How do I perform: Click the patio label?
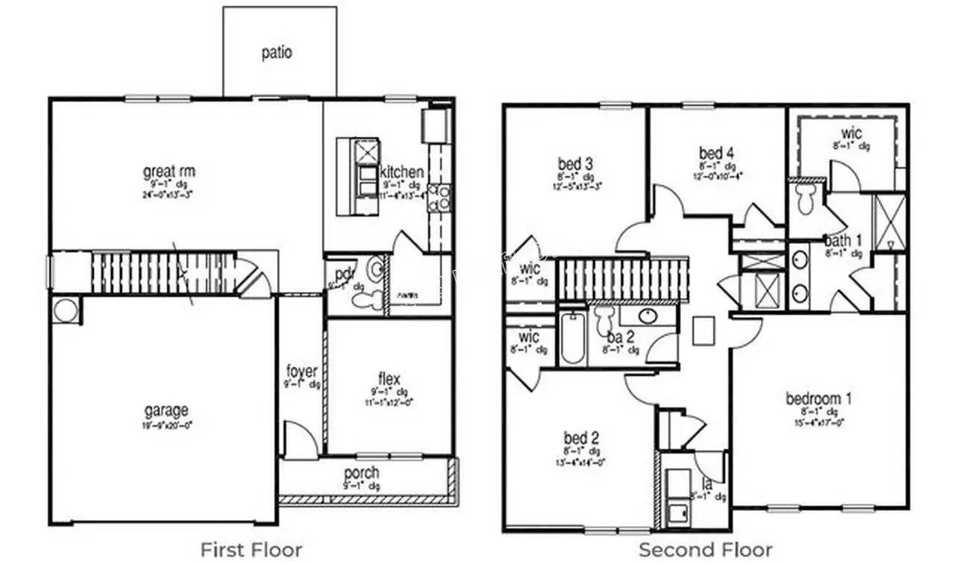click(277, 53)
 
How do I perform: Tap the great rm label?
click(169, 172)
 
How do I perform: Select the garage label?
click(166, 410)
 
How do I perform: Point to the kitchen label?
click(402, 172)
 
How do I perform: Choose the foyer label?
click(302, 372)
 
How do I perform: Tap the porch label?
click(362, 473)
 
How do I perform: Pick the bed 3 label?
click(575, 163)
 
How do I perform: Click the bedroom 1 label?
click(818, 398)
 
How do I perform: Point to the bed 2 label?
click(582, 438)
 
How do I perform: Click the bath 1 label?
click(843, 241)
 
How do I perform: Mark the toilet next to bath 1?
click(806, 198)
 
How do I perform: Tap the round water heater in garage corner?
click(64, 310)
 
